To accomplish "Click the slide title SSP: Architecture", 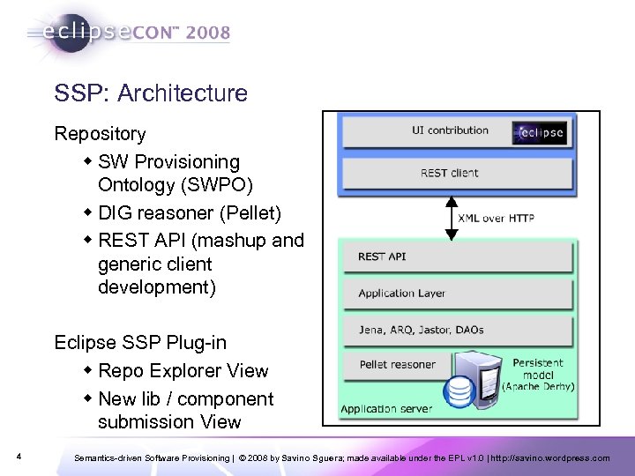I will click(151, 93).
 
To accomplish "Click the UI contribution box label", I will click(450, 130).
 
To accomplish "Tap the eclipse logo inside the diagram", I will click(540, 133).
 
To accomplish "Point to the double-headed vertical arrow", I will click(452, 217).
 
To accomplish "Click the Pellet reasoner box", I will click(397, 364).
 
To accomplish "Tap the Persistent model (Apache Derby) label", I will click(538, 375).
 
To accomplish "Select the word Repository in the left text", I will click(101, 134).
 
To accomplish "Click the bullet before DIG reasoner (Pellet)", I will click(89, 212).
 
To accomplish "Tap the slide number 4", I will click(19, 457).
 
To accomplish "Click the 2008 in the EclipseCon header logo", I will click(208, 33).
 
